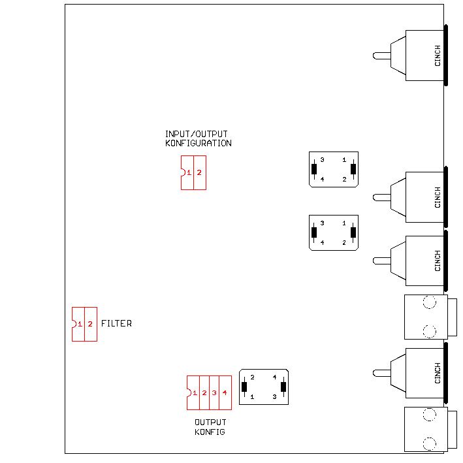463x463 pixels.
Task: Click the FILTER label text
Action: coord(116,324)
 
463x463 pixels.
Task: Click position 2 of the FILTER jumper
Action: coord(91,325)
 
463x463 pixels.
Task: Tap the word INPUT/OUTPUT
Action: coord(196,135)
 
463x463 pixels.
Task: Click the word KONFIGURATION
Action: coord(199,143)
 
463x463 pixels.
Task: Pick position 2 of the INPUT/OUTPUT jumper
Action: coord(200,172)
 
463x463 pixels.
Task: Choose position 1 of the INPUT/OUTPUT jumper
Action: coord(189,172)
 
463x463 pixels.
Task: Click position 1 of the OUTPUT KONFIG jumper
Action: coord(195,393)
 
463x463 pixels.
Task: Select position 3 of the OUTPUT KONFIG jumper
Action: coord(214,393)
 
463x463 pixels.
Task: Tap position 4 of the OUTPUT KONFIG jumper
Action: coord(224,393)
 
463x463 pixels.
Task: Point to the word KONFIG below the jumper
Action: coord(210,432)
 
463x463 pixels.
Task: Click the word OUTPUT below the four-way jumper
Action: coord(210,423)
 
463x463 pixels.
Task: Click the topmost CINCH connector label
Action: coord(438,56)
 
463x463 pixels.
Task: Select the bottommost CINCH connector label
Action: coord(438,373)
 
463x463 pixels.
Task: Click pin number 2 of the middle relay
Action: coord(344,242)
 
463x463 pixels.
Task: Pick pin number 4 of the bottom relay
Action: coord(275,377)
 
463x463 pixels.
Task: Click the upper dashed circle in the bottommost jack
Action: coord(429,414)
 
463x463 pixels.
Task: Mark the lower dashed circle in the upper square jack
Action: coord(429,330)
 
